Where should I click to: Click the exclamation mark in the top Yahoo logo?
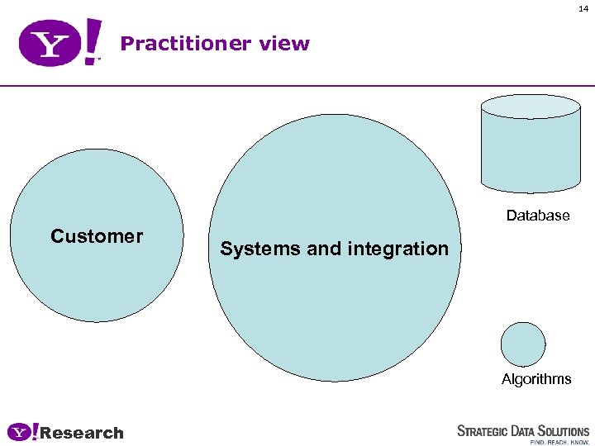click(93, 40)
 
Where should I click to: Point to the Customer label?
click(97, 237)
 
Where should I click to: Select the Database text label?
click(538, 216)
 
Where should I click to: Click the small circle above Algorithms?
click(523, 344)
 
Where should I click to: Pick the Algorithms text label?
click(536, 379)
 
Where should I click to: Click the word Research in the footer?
click(82, 433)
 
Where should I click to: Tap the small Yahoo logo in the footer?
click(22, 432)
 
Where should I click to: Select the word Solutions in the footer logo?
click(563, 431)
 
